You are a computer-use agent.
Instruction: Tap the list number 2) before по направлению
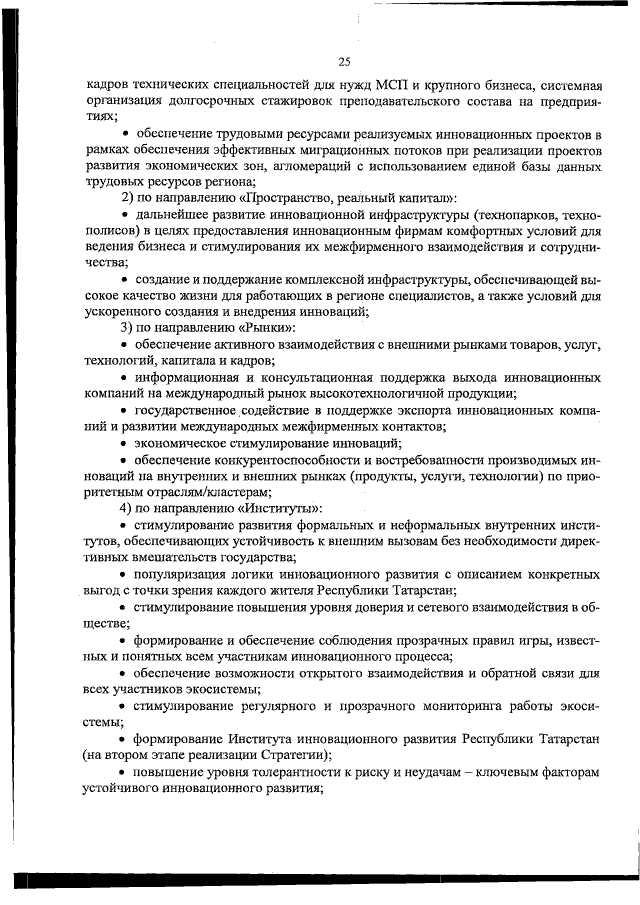pyautogui.click(x=127, y=197)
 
